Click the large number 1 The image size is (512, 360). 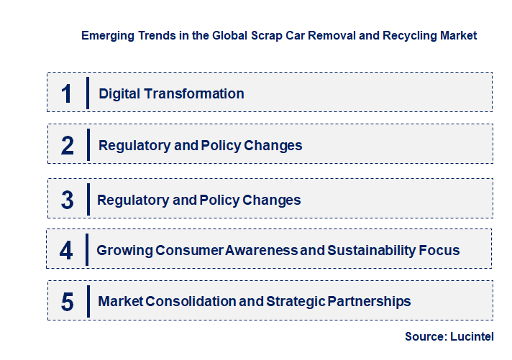tap(67, 93)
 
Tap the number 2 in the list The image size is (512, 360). tap(68, 146)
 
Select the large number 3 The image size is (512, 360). tap(67, 200)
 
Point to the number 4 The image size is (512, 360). tap(66, 251)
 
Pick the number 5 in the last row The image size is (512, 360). tap(67, 302)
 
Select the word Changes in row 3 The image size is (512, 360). tap(272, 200)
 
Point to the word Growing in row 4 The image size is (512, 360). tap(124, 251)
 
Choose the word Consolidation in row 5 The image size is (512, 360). tap(191, 302)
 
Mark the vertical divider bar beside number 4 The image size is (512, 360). tap(86, 251)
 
